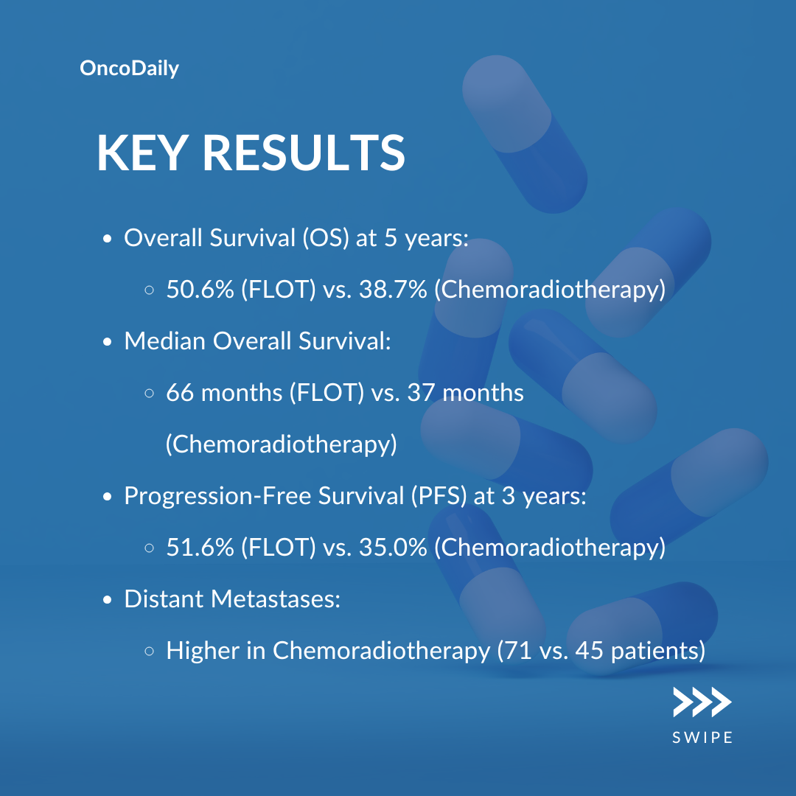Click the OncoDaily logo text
tap(130, 69)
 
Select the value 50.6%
tap(200, 290)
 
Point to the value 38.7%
tap(393, 290)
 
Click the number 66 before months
tap(181, 393)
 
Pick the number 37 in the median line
tap(421, 393)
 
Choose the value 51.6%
tap(200, 547)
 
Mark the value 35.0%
tap(393, 547)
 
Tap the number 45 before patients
tap(590, 651)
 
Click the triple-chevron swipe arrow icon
tap(702, 702)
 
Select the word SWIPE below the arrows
tap(702, 738)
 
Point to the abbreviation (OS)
tap(326, 237)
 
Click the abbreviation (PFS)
tap(439, 495)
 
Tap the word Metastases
tap(276, 599)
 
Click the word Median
tap(165, 341)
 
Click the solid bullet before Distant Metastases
tap(107, 600)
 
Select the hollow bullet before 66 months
tap(149, 394)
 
